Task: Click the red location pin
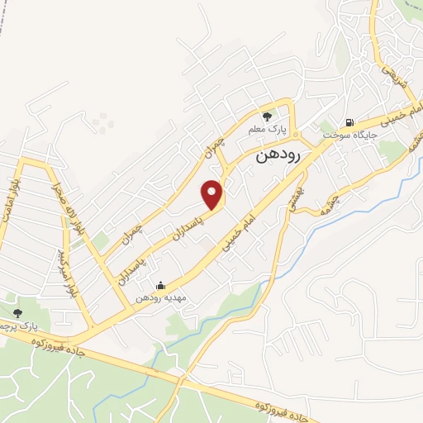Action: (x=214, y=193)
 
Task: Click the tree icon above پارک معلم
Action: (x=266, y=116)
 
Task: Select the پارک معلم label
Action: (x=266, y=130)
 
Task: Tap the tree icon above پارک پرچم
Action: (x=18, y=312)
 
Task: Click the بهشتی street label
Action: (x=292, y=194)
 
